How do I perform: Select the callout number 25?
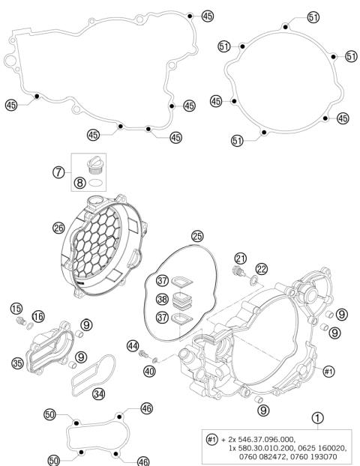click(197, 236)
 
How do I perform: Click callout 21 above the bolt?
click(240, 258)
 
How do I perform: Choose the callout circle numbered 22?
click(261, 269)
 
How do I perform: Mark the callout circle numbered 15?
click(16, 309)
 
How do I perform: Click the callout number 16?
click(38, 316)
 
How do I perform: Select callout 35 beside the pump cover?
click(18, 364)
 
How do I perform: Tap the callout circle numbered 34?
click(98, 393)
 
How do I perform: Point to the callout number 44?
click(133, 345)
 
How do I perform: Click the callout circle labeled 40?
click(150, 371)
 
